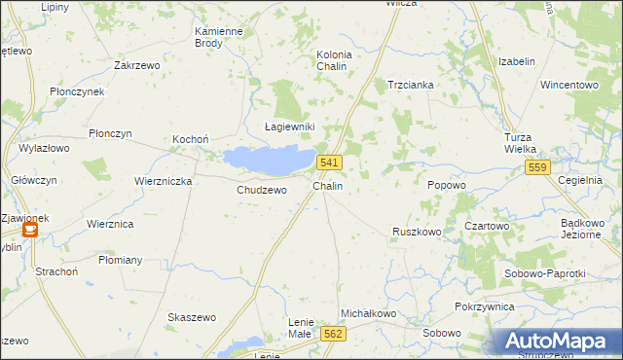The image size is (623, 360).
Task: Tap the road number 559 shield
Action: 538,168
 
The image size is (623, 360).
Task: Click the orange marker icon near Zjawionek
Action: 30,230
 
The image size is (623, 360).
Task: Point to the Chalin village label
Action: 327,185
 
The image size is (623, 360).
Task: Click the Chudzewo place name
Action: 262,190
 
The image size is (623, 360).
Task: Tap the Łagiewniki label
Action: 290,126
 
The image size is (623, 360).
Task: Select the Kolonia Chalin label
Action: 334,60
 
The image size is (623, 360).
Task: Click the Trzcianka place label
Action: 410,85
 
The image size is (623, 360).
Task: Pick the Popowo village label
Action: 447,184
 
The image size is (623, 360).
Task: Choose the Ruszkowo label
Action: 417,232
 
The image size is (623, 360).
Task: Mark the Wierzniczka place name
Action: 164,181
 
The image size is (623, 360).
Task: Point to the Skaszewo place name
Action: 192,318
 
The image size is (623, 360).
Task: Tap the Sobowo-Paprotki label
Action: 545,273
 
